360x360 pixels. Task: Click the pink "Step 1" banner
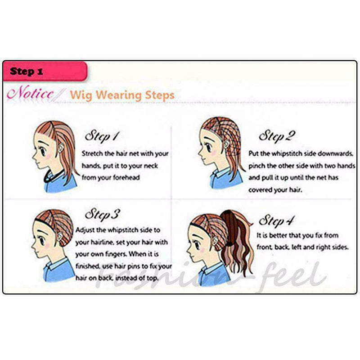pos(45,71)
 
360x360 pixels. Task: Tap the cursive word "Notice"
pos(30,93)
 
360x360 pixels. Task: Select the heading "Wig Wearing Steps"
pos(122,95)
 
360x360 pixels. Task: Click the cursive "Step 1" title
pos(102,136)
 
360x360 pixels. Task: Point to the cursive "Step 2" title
pos(277,135)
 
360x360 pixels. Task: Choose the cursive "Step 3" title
pos(102,214)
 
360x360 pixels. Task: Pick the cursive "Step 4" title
pos(276,220)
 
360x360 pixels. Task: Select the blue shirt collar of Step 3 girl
pos(54,264)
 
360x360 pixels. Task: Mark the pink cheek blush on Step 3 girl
pos(47,246)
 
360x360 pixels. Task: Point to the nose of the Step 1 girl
pos(33,157)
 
